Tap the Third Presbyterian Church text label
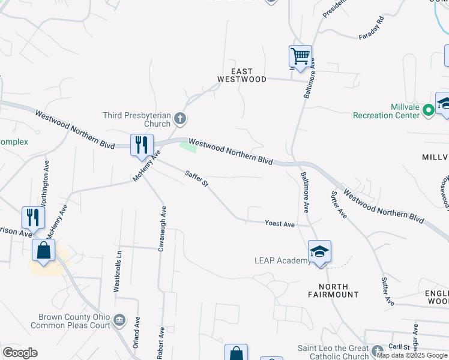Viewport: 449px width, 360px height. pyautogui.click(x=137, y=119)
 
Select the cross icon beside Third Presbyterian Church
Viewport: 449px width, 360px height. pyautogui.click(x=179, y=118)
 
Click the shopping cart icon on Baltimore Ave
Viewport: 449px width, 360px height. pyautogui.click(x=300, y=58)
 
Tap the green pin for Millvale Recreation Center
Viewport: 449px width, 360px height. pyautogui.click(x=428, y=110)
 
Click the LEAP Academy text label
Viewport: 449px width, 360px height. pyautogui.click(x=282, y=260)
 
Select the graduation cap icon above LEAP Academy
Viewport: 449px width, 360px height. pyautogui.click(x=320, y=251)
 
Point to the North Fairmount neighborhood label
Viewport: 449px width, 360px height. pyautogui.click(x=333, y=290)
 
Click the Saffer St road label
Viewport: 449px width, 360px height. pyautogui.click(x=196, y=178)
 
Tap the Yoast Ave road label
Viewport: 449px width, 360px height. pyautogui.click(x=280, y=224)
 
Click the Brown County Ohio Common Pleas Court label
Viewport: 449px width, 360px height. pyautogui.click(x=74, y=321)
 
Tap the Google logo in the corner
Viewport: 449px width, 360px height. pyautogui.click(x=20, y=353)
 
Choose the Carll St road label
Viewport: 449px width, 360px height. pyautogui.click(x=399, y=347)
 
